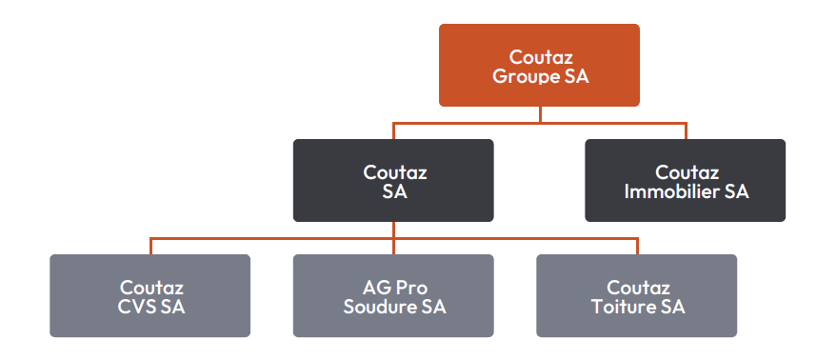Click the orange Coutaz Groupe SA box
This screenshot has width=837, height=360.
pos(539,65)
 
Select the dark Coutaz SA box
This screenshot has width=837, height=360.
pos(393,181)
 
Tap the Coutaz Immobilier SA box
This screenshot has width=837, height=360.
pos(685,181)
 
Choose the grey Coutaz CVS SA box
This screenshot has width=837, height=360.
pos(150,296)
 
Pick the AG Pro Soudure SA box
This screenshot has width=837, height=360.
pos(393,296)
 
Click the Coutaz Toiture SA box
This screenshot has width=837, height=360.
pos(636,296)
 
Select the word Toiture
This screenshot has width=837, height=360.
pos(625,307)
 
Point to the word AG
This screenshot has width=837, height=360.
pos(373,287)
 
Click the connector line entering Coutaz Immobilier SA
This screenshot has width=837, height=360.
pos(685,131)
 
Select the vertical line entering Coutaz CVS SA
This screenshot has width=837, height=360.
pos(150,246)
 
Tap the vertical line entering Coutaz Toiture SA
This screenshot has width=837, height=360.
pos(636,246)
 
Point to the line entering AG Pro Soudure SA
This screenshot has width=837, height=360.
pos(393,246)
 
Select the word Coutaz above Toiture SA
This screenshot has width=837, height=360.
pos(637,287)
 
